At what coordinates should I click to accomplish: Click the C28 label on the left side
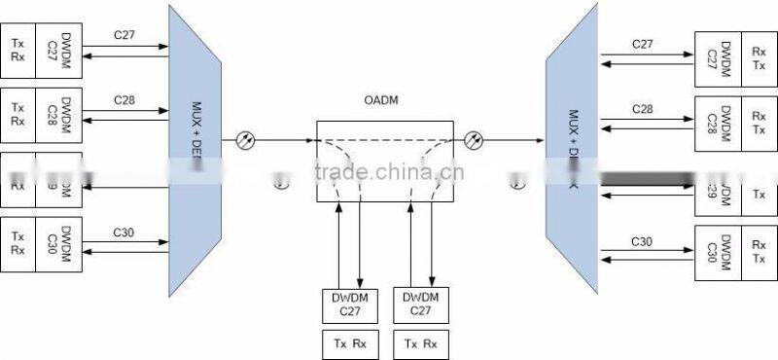pos(124,100)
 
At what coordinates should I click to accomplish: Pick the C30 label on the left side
pos(124,233)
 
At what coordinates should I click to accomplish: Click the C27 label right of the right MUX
pos(643,44)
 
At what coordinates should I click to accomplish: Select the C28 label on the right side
pos(643,108)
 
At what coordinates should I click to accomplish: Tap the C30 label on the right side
pos(643,240)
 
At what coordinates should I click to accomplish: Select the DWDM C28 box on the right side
pos(711,123)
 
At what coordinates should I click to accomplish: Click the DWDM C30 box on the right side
pos(711,253)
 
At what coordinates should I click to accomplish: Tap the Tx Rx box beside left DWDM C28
pos(18,115)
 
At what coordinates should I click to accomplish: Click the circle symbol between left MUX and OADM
pos(246,141)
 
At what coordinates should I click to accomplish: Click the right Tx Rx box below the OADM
pos(419,343)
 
